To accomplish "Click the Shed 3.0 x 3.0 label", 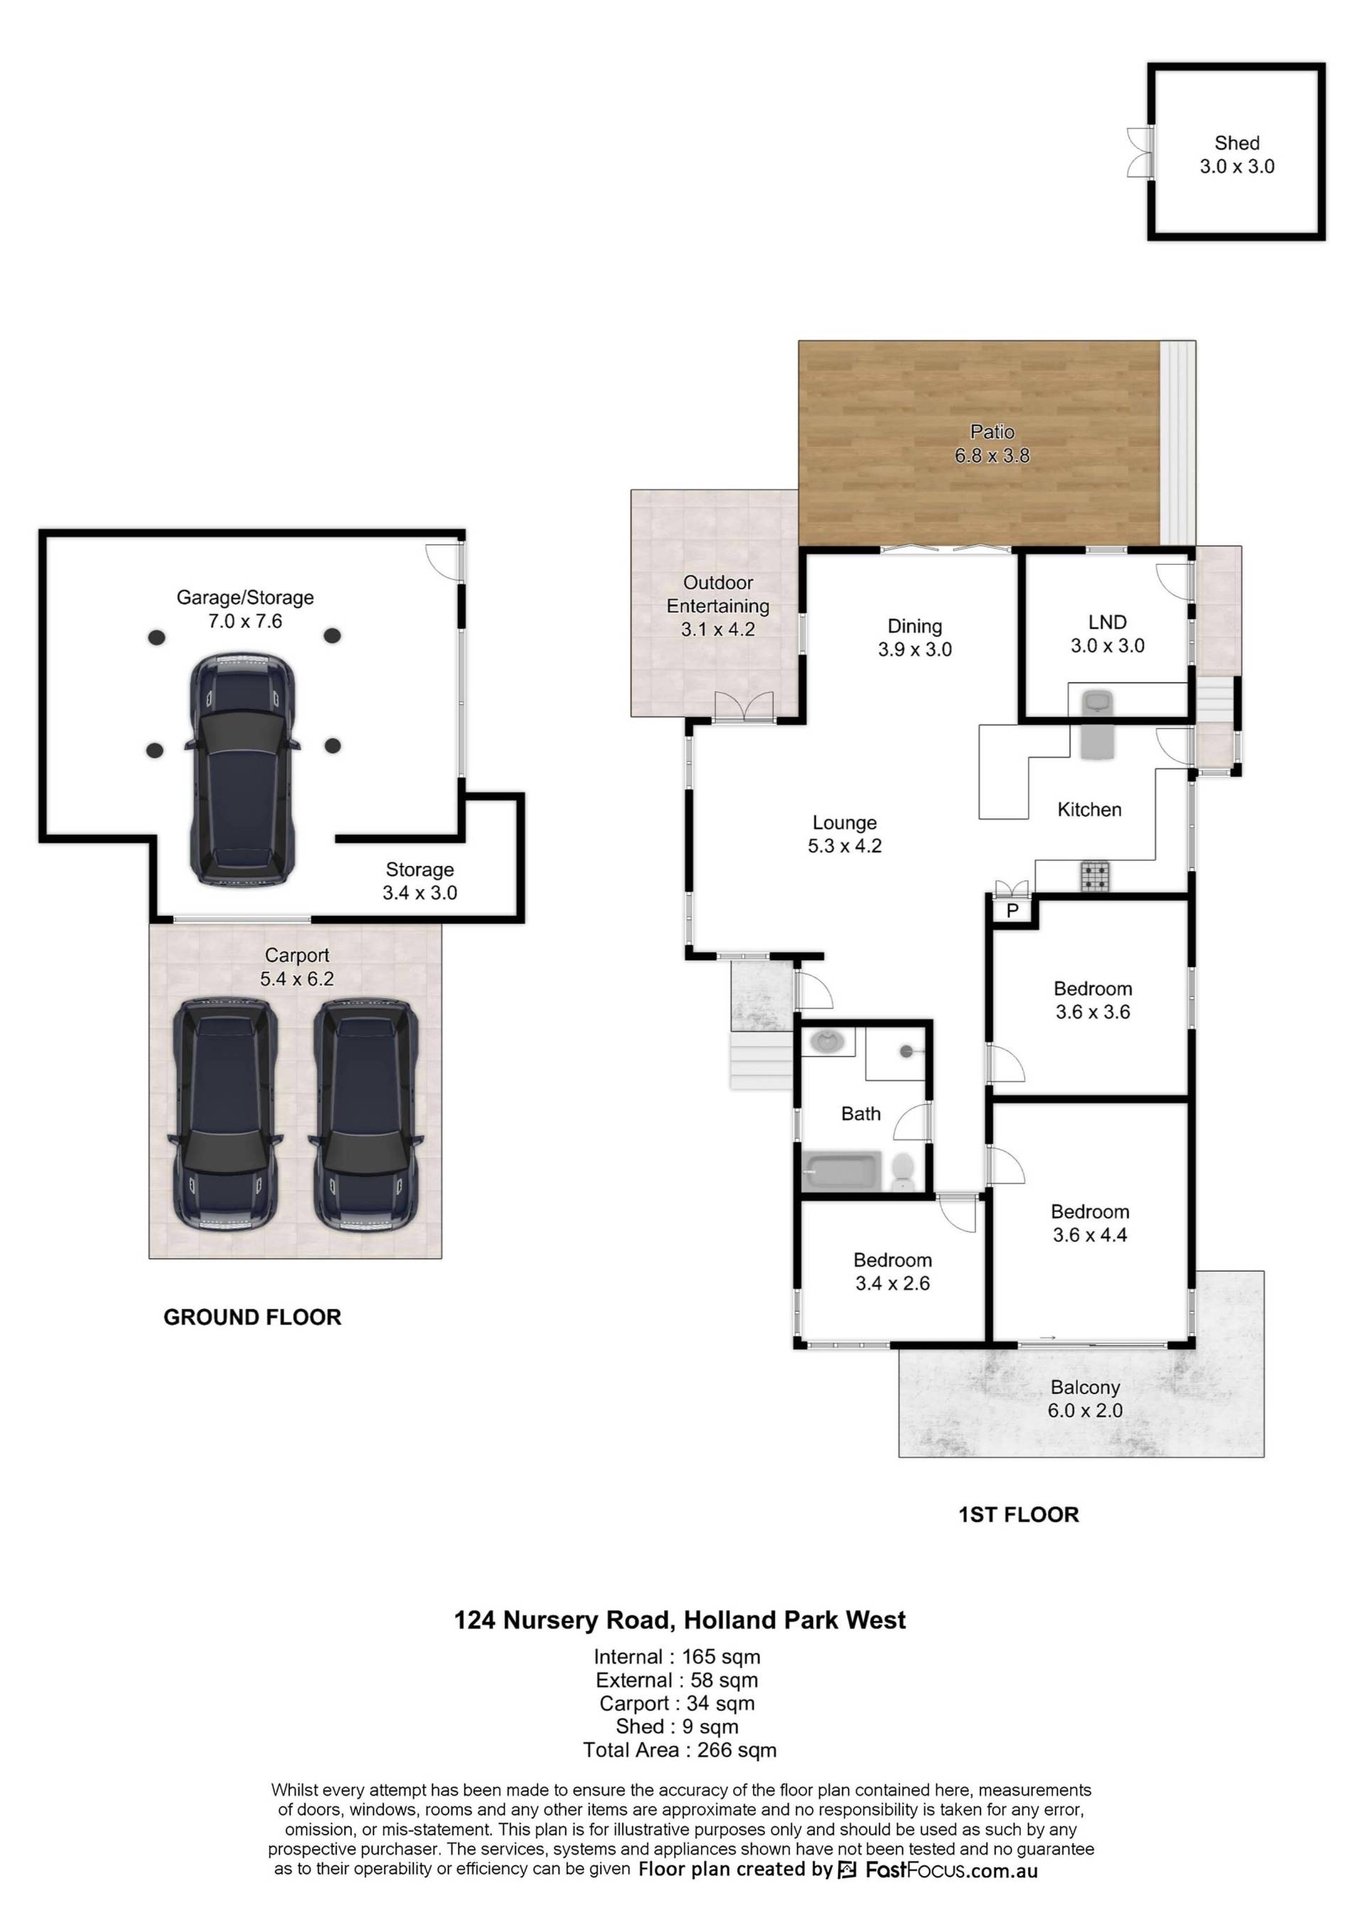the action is click(x=1236, y=155).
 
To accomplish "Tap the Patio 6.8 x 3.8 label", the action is click(x=992, y=444).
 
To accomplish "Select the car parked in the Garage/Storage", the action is click(x=242, y=769).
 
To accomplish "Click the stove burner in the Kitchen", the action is click(x=1094, y=877).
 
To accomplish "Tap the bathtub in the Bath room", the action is click(x=841, y=1171).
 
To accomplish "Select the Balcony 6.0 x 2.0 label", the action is click(x=1084, y=1399).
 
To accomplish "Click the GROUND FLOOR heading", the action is click(x=252, y=1317).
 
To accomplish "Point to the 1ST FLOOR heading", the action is click(x=1019, y=1514).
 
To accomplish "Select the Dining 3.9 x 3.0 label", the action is click(x=914, y=638).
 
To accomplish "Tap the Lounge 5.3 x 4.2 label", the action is click(x=845, y=835).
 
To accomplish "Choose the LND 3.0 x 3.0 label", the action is click(x=1107, y=633).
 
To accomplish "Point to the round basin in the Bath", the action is click(x=829, y=1043).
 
